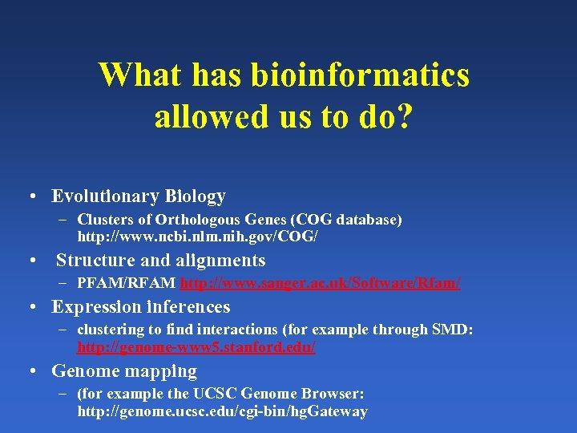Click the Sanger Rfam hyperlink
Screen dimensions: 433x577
coord(321,284)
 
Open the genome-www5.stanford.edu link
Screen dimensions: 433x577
coord(196,348)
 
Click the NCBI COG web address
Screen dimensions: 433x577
coord(197,237)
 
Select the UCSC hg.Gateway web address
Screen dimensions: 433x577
coord(222,411)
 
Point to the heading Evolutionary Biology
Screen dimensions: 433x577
coord(139,196)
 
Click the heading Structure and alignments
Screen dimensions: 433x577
coord(160,261)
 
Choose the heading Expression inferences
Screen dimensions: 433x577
coord(141,307)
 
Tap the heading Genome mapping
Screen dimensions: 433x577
coord(124,371)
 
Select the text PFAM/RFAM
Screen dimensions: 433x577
coord(127,284)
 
